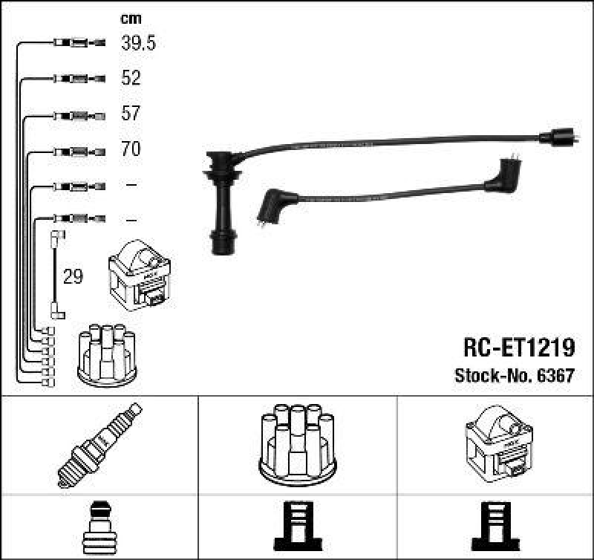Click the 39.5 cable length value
(x=138, y=43)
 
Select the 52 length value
(x=131, y=78)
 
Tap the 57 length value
(x=131, y=114)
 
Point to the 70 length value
(x=131, y=149)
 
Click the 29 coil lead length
(x=73, y=277)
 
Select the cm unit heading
(x=131, y=19)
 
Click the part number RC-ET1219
(x=518, y=348)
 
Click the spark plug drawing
(x=99, y=445)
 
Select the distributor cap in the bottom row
(x=298, y=443)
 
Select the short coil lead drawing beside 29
(x=56, y=275)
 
